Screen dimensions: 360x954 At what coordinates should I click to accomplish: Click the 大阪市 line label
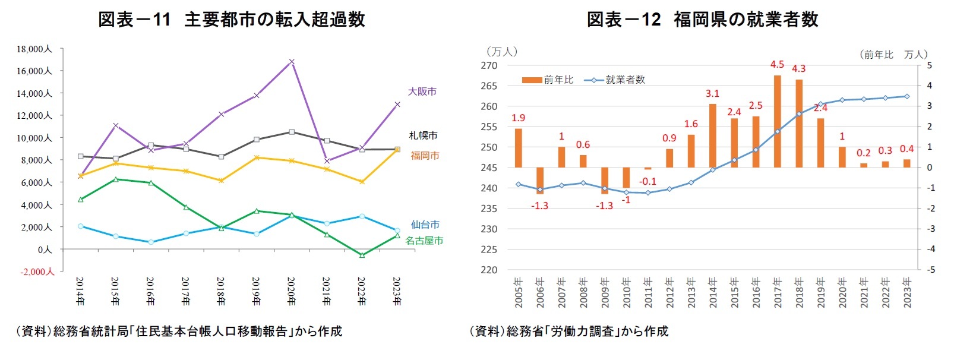pos(422,91)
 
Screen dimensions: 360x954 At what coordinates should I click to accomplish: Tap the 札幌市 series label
pos(423,135)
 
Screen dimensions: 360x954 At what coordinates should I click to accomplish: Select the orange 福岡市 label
pos(425,156)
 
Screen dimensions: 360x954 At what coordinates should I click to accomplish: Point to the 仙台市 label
pos(425,225)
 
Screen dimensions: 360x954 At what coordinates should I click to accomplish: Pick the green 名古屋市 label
pos(424,241)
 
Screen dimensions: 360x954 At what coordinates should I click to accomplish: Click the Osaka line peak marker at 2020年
pos(292,62)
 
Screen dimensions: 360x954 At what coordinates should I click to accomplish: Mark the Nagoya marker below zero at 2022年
pos(362,255)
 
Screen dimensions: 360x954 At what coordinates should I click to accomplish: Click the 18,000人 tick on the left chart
pos(34,49)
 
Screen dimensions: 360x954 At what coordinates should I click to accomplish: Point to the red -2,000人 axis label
pos(37,271)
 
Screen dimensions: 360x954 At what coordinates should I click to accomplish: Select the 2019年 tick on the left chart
pos(256,291)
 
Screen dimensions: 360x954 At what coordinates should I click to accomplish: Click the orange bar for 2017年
pos(777,121)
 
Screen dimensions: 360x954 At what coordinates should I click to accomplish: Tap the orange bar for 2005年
pos(519,148)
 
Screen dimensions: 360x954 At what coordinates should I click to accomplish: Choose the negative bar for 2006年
pos(540,181)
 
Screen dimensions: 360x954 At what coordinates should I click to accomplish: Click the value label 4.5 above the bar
pos(777,65)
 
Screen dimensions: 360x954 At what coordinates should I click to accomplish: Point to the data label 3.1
pos(712,94)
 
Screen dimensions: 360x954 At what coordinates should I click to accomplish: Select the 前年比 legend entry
pos(548,80)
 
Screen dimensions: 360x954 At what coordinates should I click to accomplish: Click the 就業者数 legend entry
pos(615,80)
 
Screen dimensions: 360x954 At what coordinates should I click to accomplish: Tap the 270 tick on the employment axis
pos(489,65)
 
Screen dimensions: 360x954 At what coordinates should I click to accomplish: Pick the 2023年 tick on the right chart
pos(906,292)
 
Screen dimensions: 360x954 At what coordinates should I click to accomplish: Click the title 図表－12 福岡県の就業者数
pos(702,20)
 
